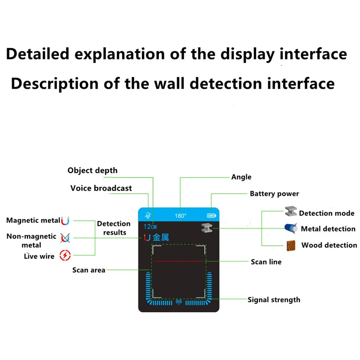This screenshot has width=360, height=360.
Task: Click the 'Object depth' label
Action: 92,171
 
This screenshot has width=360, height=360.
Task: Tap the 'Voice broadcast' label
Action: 101,188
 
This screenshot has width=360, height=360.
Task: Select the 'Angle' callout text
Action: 241,177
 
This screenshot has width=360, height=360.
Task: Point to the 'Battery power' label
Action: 274,194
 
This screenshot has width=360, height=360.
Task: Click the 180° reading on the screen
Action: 180,216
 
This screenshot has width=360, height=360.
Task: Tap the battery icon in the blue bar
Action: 211,216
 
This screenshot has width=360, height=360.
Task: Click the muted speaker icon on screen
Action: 148,216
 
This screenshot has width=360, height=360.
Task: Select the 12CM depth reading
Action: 150,227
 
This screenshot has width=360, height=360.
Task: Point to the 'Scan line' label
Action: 266,262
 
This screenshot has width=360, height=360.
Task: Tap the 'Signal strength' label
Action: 274,300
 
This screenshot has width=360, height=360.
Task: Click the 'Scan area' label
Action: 89,270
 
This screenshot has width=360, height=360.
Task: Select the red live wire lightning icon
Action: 65,256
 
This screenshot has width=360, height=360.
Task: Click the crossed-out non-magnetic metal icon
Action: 65,238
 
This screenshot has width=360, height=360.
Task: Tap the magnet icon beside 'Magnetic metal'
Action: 65,221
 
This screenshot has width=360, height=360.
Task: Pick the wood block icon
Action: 291,246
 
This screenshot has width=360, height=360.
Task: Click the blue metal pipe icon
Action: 291,228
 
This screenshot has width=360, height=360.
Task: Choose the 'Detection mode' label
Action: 327,213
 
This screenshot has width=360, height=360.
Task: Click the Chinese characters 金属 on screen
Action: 161,238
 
